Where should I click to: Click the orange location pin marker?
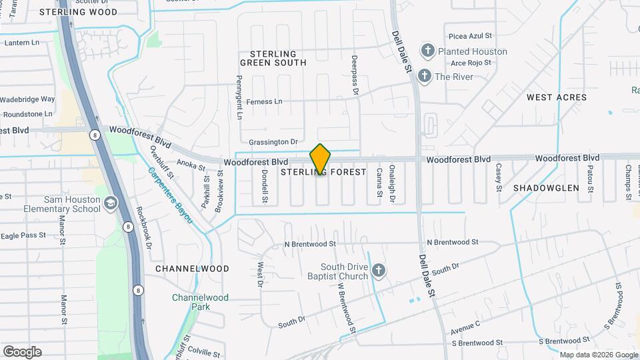[320, 159]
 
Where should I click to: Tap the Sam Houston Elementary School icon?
[111, 203]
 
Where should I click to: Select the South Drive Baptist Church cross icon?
[379, 271]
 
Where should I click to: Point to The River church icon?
[424, 77]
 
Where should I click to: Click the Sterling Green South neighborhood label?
[277, 58]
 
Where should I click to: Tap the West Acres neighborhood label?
[557, 97]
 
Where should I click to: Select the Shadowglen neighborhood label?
[546, 188]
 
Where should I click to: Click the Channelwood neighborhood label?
[192, 269]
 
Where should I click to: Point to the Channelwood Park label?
[200, 302]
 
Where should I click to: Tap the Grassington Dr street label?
[273, 142]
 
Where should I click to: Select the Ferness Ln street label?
[265, 102]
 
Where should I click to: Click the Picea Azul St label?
[470, 35]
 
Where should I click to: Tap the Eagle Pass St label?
[23, 235]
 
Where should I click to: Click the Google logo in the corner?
[22, 352]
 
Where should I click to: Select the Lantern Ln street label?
[23, 43]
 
